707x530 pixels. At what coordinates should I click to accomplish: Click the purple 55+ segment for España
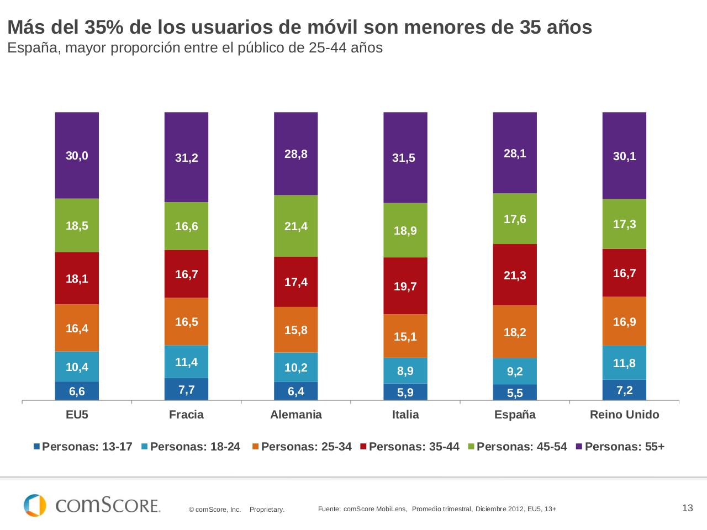coord(515,152)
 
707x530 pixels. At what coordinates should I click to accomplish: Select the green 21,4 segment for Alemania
coord(296,226)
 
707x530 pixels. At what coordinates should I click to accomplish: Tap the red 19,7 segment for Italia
coord(405,286)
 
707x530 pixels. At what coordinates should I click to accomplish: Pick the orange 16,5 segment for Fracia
coord(187,321)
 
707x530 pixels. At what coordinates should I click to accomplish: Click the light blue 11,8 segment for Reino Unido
coord(624,363)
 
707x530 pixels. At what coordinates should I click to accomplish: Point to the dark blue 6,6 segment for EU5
coord(77,391)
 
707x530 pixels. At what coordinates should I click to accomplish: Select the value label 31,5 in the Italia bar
coord(404,158)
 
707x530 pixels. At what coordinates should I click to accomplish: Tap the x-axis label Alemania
coord(296,415)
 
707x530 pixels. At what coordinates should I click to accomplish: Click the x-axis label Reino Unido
coord(624,415)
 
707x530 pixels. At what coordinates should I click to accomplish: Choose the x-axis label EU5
coord(77,415)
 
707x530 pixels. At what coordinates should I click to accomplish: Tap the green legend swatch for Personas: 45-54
coord(471,447)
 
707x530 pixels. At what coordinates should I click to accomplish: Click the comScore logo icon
coord(35,505)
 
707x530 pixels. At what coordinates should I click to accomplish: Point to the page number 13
coord(687,508)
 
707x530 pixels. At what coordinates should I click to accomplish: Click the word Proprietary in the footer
coord(267,510)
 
